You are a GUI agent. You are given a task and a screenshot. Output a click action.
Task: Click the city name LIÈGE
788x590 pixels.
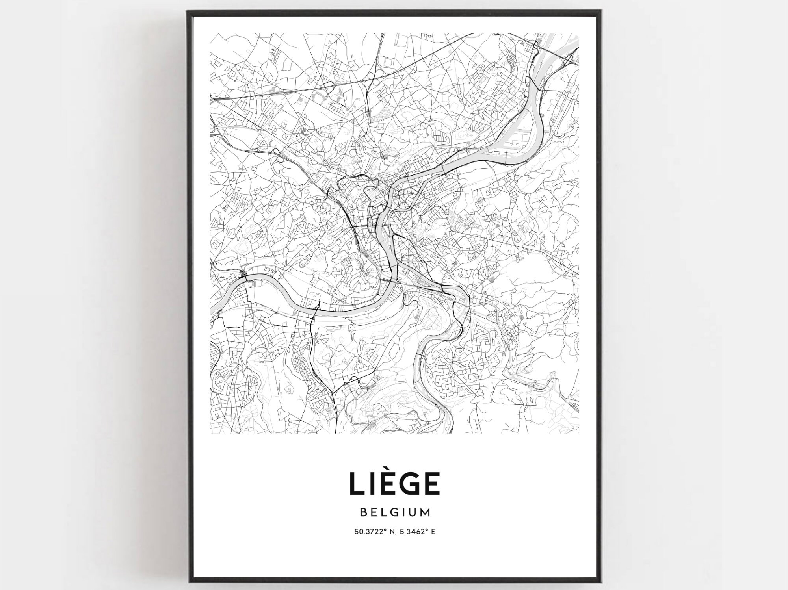point(394,483)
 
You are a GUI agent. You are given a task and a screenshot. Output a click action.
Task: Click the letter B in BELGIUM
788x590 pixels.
point(363,512)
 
